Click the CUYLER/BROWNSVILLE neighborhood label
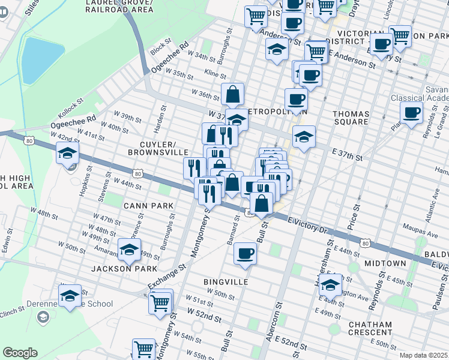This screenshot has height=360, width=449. (158, 149)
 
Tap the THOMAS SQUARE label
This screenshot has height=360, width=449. (351, 117)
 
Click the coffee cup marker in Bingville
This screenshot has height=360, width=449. (245, 253)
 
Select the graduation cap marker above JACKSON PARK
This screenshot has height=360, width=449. (128, 250)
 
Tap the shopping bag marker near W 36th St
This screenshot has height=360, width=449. (232, 94)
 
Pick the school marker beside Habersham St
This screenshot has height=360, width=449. (330, 284)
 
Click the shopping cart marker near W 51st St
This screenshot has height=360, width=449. (160, 302)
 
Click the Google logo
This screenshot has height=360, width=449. (20, 353)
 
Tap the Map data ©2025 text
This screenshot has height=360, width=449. (423, 355)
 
